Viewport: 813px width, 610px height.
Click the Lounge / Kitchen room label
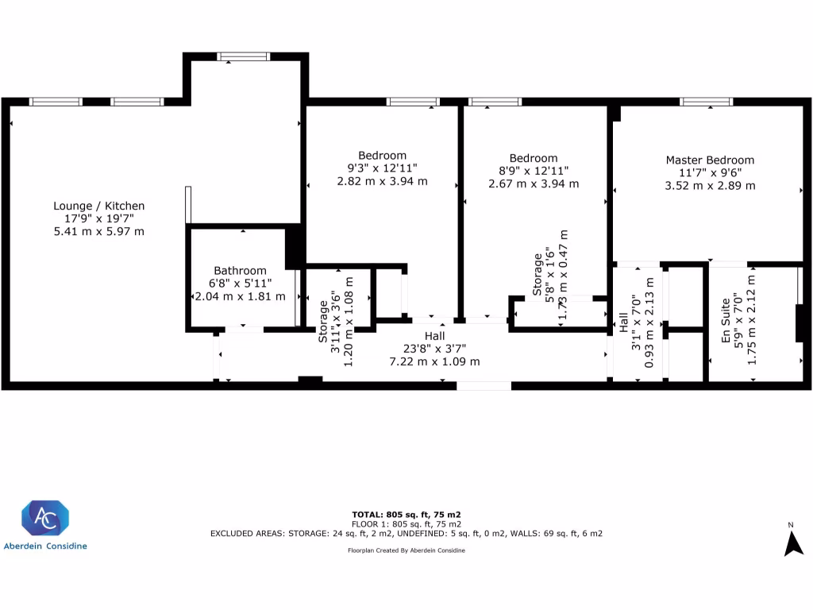tap(98, 206)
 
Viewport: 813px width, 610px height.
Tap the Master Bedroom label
tap(710, 160)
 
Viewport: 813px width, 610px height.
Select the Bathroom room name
tap(240, 271)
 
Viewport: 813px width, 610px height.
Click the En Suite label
tap(726, 326)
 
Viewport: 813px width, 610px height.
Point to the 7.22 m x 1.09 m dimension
tap(434, 361)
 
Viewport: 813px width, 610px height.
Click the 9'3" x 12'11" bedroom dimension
tap(382, 168)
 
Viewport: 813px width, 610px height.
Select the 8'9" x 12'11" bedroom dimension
tap(534, 171)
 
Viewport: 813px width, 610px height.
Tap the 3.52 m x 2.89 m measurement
tap(710, 185)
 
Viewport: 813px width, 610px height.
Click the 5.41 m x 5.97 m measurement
tap(98, 231)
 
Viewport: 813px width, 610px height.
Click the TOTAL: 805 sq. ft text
tap(406, 514)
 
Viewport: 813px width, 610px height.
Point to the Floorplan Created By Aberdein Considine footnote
tap(406, 550)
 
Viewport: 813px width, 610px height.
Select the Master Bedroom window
tap(706, 102)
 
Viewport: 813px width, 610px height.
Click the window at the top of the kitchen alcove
tap(245, 56)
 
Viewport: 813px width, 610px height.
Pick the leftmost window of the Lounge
tap(56, 102)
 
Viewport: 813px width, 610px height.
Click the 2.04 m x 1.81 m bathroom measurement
tap(240, 296)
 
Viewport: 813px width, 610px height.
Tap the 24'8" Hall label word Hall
tap(434, 336)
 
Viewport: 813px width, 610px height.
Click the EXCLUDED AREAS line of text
tap(406, 534)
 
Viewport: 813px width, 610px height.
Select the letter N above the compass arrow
tap(791, 525)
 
